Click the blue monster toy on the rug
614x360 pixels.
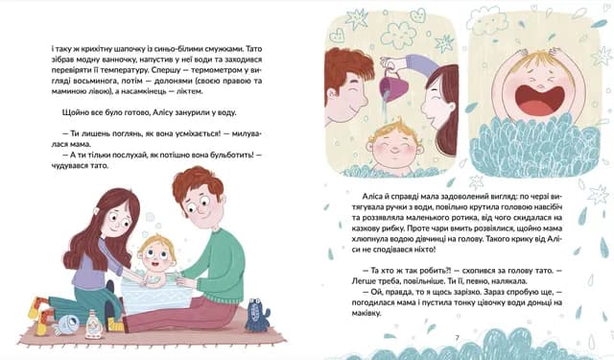(257, 315)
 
